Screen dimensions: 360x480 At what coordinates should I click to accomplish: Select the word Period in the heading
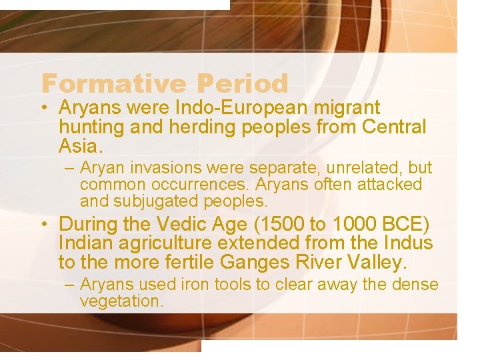pyautogui.click(x=243, y=84)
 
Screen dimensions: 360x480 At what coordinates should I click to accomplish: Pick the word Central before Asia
pyautogui.click(x=394, y=126)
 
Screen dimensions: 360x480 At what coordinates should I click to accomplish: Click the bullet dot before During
pyautogui.click(x=45, y=225)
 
